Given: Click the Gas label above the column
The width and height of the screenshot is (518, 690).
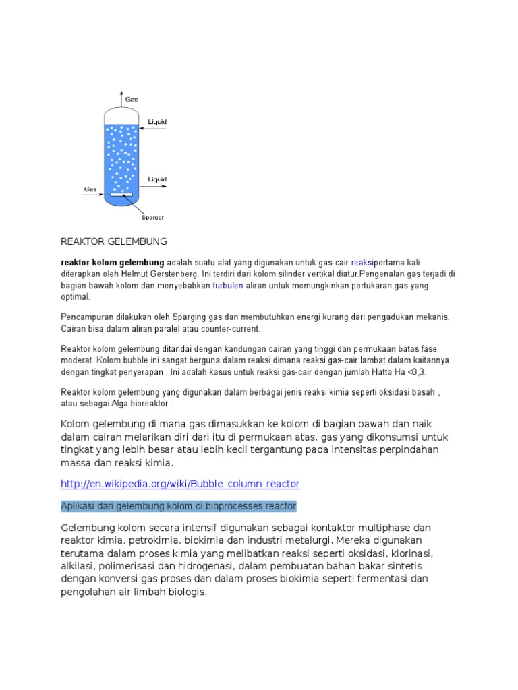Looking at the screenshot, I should point(132,99).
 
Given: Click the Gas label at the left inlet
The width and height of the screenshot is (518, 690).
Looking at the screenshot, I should point(90,189).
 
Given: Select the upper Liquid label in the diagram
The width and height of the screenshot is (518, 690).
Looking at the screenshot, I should point(157,122).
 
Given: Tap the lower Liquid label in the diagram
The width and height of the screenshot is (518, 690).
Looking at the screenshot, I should point(157,179).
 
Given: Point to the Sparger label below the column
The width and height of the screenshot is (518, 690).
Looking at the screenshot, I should point(152,217).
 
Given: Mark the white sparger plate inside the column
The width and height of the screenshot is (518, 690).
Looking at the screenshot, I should point(121,196).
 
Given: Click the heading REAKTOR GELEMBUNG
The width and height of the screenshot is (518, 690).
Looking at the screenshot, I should point(113,241).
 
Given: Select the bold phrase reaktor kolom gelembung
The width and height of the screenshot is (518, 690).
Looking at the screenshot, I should point(113,261).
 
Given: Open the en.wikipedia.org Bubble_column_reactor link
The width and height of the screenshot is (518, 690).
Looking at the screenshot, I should point(180,484).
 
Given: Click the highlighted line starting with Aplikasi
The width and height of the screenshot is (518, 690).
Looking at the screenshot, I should point(178,505).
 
